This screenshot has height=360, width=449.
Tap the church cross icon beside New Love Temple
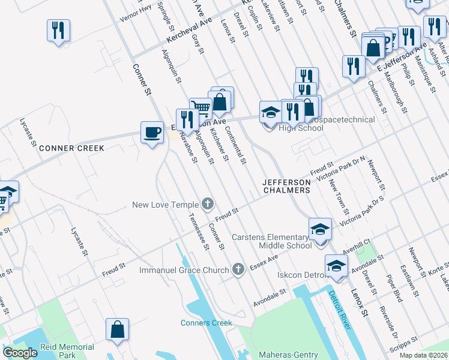208,205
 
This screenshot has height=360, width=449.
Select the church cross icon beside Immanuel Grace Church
238,269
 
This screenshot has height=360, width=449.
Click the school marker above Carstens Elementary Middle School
320,229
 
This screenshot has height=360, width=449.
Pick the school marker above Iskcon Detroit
336,265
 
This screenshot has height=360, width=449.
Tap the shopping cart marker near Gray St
200,109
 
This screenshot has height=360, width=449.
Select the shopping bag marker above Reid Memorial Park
117,329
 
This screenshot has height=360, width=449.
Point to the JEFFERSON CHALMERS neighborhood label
286,186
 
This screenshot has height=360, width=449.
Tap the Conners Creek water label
206,323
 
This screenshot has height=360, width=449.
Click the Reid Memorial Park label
67,351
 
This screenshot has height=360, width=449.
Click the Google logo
20,353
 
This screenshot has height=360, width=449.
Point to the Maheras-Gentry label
288,355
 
